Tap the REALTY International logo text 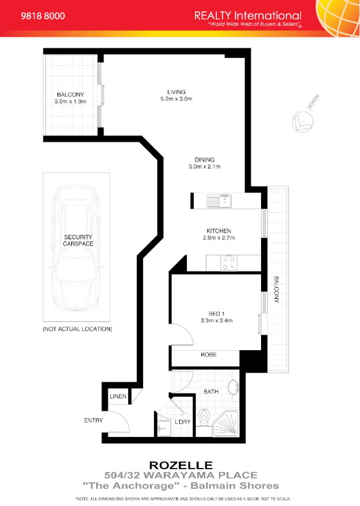(x=247, y=16)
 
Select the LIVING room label (x=176, y=92)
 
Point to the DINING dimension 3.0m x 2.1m (x=204, y=167)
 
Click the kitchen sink (x=219, y=201)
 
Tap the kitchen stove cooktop (x=229, y=263)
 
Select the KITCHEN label (x=219, y=231)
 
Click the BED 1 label (x=216, y=313)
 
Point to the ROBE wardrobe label (x=208, y=355)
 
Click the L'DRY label (x=183, y=422)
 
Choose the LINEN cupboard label (x=118, y=397)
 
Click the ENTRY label (x=93, y=420)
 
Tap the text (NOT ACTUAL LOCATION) (x=77, y=329)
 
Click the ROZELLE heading (x=181, y=465)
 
